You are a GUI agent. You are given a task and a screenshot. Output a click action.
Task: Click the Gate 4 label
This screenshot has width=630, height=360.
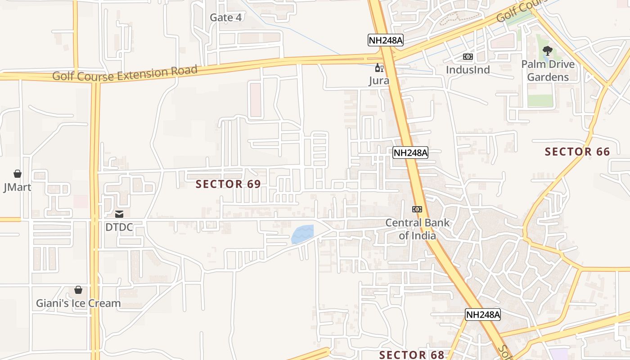[225, 18]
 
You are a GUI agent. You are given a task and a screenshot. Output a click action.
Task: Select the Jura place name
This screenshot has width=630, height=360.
[379, 81]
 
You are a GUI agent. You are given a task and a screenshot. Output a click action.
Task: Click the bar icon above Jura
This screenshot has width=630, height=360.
[379, 68]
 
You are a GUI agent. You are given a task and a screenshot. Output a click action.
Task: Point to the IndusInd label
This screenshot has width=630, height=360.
[468, 70]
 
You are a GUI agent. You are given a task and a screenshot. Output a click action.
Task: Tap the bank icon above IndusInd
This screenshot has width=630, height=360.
[468, 57]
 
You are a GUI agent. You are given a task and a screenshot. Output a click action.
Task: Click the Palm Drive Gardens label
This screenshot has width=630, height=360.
[548, 71]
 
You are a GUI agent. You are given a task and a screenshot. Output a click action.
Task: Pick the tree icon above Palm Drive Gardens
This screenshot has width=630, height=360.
[547, 50]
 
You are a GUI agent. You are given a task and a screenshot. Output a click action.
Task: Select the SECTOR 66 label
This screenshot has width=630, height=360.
[577, 152]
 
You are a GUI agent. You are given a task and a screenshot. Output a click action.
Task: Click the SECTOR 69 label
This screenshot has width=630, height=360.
[228, 184]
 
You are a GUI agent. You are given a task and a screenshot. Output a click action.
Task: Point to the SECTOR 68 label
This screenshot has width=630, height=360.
[412, 355]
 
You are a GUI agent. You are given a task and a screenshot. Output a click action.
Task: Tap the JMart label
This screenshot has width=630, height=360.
[17, 187]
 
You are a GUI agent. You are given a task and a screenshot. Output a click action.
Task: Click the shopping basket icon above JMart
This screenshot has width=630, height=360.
[18, 174]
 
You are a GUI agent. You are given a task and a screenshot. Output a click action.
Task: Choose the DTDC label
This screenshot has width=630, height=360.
[119, 227]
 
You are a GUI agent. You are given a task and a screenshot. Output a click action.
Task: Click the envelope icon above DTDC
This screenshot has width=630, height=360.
[119, 214]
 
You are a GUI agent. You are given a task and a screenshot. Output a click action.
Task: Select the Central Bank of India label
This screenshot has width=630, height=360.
[417, 229]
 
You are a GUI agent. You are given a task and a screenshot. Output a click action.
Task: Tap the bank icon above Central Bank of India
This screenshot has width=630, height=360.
[417, 209]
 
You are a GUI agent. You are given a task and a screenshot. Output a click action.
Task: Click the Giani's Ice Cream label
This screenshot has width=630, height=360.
[78, 303]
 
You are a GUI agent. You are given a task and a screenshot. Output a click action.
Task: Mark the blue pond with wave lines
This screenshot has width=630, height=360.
[302, 234]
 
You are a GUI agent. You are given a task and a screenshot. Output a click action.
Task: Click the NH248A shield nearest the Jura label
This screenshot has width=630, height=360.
[385, 40]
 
